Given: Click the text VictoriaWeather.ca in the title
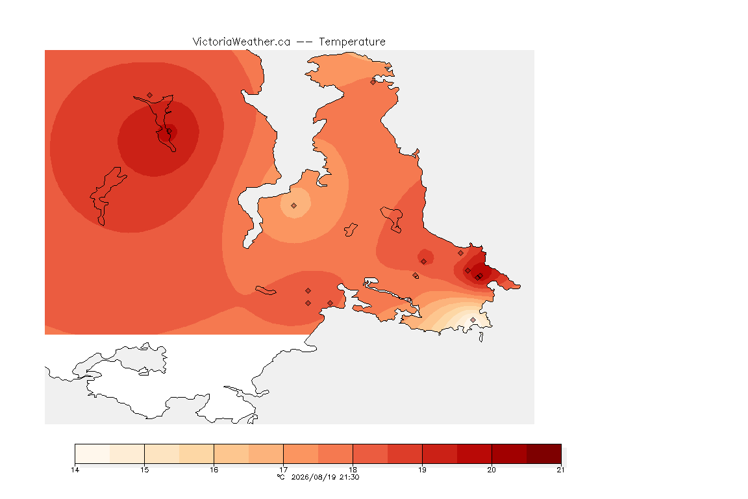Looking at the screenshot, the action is [x=242, y=42].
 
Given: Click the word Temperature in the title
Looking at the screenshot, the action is [x=352, y=42].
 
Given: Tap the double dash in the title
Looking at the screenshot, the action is [x=305, y=42].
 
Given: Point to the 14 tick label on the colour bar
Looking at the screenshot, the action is [x=75, y=470].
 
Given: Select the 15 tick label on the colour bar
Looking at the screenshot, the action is [x=145, y=470].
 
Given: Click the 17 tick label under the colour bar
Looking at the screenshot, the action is [x=283, y=470].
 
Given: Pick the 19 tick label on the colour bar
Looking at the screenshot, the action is [x=422, y=470].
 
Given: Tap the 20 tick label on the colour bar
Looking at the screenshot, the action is [x=492, y=470].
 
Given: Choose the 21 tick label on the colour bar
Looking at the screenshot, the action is [x=560, y=470].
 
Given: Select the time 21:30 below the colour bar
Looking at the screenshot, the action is [x=349, y=477].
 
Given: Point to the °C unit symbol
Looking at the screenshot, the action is [x=281, y=477].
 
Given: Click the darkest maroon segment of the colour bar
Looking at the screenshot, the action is [x=544, y=454].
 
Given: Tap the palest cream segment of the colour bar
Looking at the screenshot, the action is [x=93, y=454].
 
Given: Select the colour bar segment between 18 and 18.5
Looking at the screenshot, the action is [x=370, y=454].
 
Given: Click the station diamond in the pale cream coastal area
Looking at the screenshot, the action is [x=473, y=320].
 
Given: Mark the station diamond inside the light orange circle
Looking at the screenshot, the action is [x=294, y=206].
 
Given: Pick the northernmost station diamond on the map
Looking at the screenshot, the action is [x=373, y=82].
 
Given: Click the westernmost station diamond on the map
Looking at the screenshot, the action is [x=150, y=96].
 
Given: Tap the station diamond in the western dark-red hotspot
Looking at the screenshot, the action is [x=169, y=131].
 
